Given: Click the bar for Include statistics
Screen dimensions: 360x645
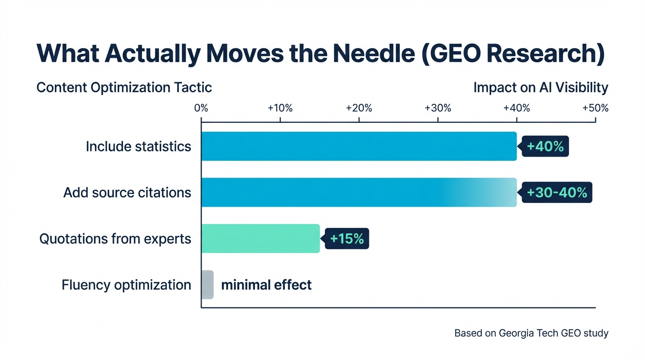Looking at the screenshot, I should point(359,146).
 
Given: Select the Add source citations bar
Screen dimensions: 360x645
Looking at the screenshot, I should point(359,192).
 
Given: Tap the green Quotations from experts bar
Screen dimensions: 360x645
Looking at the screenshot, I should point(261,239).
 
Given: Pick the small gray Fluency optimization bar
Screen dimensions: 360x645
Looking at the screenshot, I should point(207,285).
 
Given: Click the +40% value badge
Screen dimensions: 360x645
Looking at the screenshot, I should point(545,147).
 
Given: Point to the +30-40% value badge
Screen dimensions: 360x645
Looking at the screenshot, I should point(557,193).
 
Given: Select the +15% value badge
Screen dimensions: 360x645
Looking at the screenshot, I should point(347,239).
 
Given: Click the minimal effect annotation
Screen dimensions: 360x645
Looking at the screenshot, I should point(266,285).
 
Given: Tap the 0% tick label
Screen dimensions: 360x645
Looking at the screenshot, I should point(201,108).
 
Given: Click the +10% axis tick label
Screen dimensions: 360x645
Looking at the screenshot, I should point(280,108).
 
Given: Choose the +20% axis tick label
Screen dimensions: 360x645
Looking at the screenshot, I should point(359,108).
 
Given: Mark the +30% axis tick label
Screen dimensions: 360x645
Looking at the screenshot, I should point(437,108).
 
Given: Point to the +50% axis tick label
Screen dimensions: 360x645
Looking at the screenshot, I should point(595,108).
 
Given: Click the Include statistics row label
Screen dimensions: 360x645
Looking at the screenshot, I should point(138,147).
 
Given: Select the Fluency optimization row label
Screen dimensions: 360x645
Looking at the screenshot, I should point(126,285).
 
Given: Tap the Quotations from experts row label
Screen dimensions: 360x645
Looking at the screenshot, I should point(115,239).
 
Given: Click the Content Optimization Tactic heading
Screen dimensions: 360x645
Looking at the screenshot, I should point(124,88).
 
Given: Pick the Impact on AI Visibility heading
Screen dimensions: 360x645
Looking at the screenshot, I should point(540,88).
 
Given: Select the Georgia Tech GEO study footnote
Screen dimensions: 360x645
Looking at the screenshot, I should point(531,333).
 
